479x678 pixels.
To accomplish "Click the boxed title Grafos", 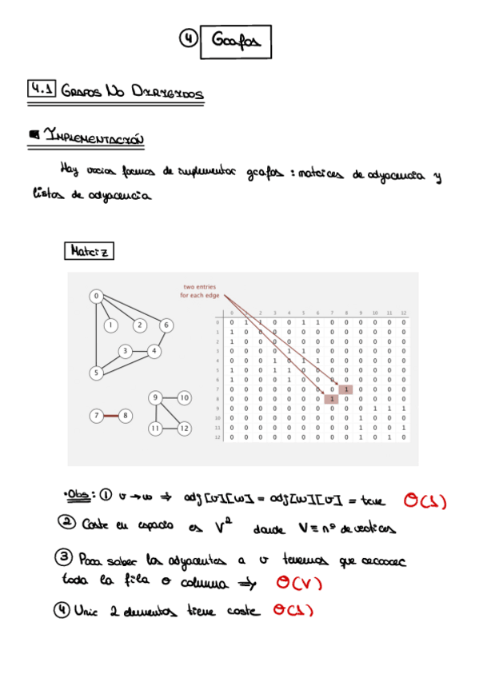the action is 237,42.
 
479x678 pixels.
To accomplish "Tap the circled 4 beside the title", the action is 187,38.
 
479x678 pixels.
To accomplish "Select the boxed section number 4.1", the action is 40,90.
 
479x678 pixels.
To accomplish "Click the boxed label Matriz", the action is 89,251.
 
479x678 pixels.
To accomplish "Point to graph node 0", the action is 96,297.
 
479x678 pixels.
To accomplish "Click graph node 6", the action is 166,325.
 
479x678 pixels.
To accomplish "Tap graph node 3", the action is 125,351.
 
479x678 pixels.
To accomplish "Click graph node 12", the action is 184,429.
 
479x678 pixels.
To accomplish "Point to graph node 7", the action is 97,416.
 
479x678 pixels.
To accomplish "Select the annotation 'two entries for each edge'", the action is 201,291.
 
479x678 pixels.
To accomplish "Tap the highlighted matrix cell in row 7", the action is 345,389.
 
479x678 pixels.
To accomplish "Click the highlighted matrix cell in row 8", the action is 331,399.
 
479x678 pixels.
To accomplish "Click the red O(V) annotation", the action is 298,583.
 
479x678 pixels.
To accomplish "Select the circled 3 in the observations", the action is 66,556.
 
